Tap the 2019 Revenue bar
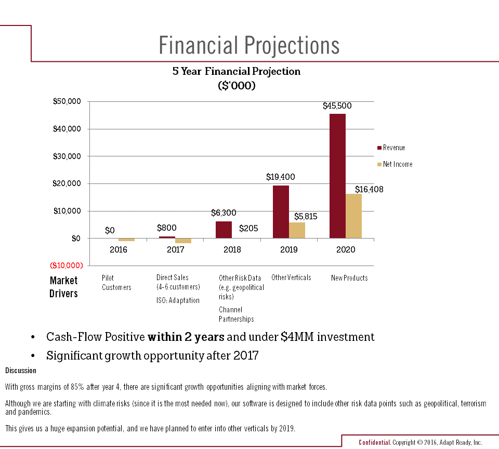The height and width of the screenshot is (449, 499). pyautogui.click(x=281, y=212)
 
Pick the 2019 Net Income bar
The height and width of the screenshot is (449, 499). pyautogui.click(x=297, y=230)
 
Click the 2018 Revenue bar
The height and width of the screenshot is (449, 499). pyautogui.click(x=224, y=230)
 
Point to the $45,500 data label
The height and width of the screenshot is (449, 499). pyautogui.click(x=337, y=105)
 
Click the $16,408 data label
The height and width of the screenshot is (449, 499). pyautogui.click(x=369, y=190)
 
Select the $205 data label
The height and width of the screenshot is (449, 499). pyautogui.click(x=248, y=228)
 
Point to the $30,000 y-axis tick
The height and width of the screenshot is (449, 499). pyautogui.click(x=68, y=156)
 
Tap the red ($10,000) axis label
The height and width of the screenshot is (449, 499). pyautogui.click(x=67, y=266)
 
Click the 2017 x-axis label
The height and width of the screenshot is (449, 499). pyautogui.click(x=175, y=250)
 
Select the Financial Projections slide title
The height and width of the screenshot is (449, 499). pyautogui.click(x=249, y=45)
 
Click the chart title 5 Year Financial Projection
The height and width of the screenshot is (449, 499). pyautogui.click(x=237, y=71)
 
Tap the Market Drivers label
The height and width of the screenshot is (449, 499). pyautogui.click(x=63, y=287)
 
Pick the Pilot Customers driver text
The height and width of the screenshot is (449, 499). pyautogui.click(x=116, y=283)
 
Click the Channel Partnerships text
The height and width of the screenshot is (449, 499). pyautogui.click(x=236, y=314)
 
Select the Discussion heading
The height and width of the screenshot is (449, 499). pyautogui.click(x=21, y=371)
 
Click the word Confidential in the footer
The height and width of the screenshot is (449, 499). pyautogui.click(x=374, y=443)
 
